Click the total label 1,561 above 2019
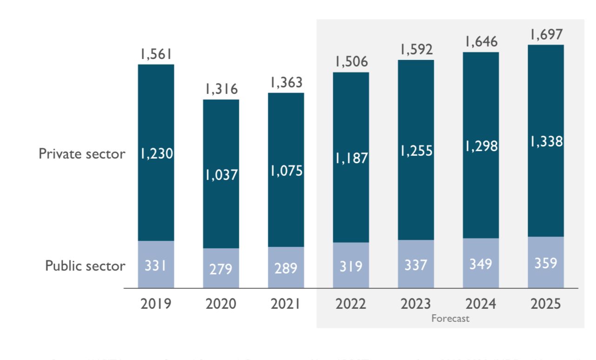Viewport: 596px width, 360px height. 156,55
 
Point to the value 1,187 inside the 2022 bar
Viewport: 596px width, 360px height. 351,158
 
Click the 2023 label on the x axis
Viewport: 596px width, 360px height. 416,304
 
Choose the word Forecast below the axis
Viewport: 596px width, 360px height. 450,319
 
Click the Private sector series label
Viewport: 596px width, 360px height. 82,153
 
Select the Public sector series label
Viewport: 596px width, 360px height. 85,266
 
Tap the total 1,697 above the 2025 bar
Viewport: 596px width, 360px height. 546,34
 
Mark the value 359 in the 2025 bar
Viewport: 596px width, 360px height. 546,263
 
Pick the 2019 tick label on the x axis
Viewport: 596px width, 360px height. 156,304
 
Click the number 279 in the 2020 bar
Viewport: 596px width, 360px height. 221,268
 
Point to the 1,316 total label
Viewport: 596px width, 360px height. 221,89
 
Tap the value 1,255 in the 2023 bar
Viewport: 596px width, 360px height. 416,151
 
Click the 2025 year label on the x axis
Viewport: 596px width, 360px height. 546,304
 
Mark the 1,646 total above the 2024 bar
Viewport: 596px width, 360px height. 481,41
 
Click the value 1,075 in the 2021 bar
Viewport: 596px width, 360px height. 286,171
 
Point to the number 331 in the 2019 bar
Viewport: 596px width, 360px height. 156,266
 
